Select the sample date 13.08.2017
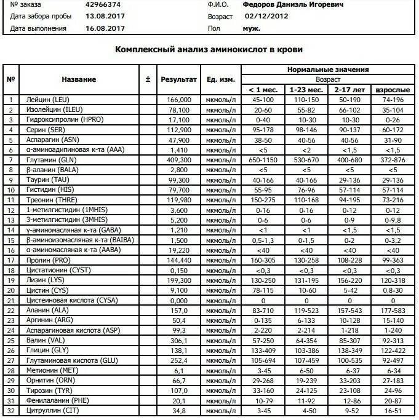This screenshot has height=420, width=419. pos(104,16)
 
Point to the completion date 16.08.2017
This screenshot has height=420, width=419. pos(104,28)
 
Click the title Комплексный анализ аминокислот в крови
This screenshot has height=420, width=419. pos(209,49)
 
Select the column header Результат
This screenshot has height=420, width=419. pos(178,79)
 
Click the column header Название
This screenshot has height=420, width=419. pos(79,79)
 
